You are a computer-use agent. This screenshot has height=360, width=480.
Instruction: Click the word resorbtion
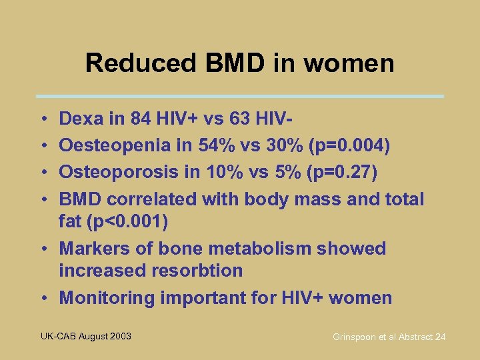coord(197,271)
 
